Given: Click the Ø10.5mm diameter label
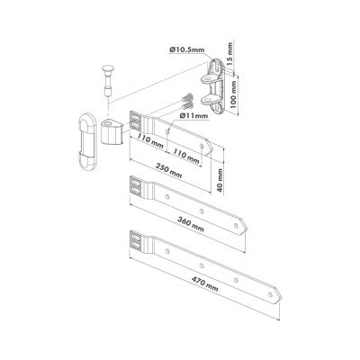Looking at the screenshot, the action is click(x=186, y=49).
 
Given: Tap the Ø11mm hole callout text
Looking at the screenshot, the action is click(x=193, y=115).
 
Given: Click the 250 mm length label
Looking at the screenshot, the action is click(x=169, y=170).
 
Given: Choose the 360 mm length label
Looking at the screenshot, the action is click(x=191, y=224).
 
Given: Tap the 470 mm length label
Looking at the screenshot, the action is click(x=205, y=284).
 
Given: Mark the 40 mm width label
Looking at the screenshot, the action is click(x=220, y=181).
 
